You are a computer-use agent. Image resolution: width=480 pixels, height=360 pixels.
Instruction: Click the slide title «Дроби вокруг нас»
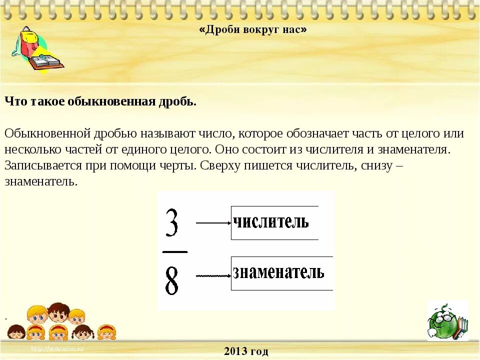[x=253, y=30]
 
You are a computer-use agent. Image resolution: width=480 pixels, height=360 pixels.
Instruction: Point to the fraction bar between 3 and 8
[x=175, y=251]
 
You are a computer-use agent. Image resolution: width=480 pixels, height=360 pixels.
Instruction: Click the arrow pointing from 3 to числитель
[x=213, y=223]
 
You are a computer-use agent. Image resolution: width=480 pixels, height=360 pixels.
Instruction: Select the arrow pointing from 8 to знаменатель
[x=213, y=275]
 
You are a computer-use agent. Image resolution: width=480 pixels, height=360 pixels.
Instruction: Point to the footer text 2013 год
[x=246, y=351]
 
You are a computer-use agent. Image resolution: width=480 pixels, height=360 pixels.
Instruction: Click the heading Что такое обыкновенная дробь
[x=100, y=101]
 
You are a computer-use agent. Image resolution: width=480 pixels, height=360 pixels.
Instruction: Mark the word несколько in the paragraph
[x=28, y=149]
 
